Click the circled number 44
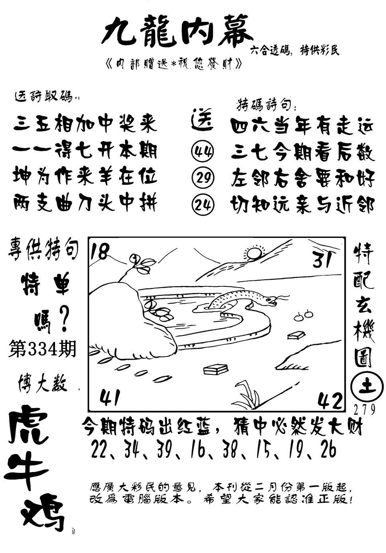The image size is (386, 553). (x=203, y=151)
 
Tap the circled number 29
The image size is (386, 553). (x=203, y=177)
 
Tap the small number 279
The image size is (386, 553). (x=364, y=409)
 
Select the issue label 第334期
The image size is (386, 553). (x=42, y=348)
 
